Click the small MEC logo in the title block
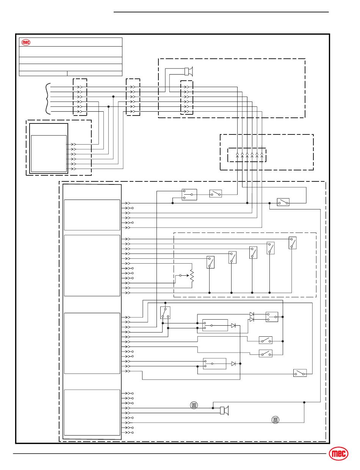click(x=26, y=42)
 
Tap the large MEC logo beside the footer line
click(x=338, y=454)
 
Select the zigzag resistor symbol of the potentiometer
click(x=192, y=276)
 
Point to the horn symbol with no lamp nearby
click(x=189, y=71)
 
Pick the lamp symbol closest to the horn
click(x=194, y=406)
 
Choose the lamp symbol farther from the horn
click(x=275, y=420)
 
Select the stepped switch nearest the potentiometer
click(x=210, y=262)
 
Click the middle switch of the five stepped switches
click(x=253, y=252)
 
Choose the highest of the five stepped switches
click(x=292, y=243)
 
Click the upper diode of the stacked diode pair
click(x=252, y=314)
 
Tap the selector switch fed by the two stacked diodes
click(x=272, y=317)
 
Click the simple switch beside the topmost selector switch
click(x=216, y=194)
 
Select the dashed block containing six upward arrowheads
click(x=247, y=155)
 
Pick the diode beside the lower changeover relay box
click(x=233, y=364)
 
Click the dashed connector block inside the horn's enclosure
click(x=186, y=97)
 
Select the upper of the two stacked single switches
click(x=265, y=340)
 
